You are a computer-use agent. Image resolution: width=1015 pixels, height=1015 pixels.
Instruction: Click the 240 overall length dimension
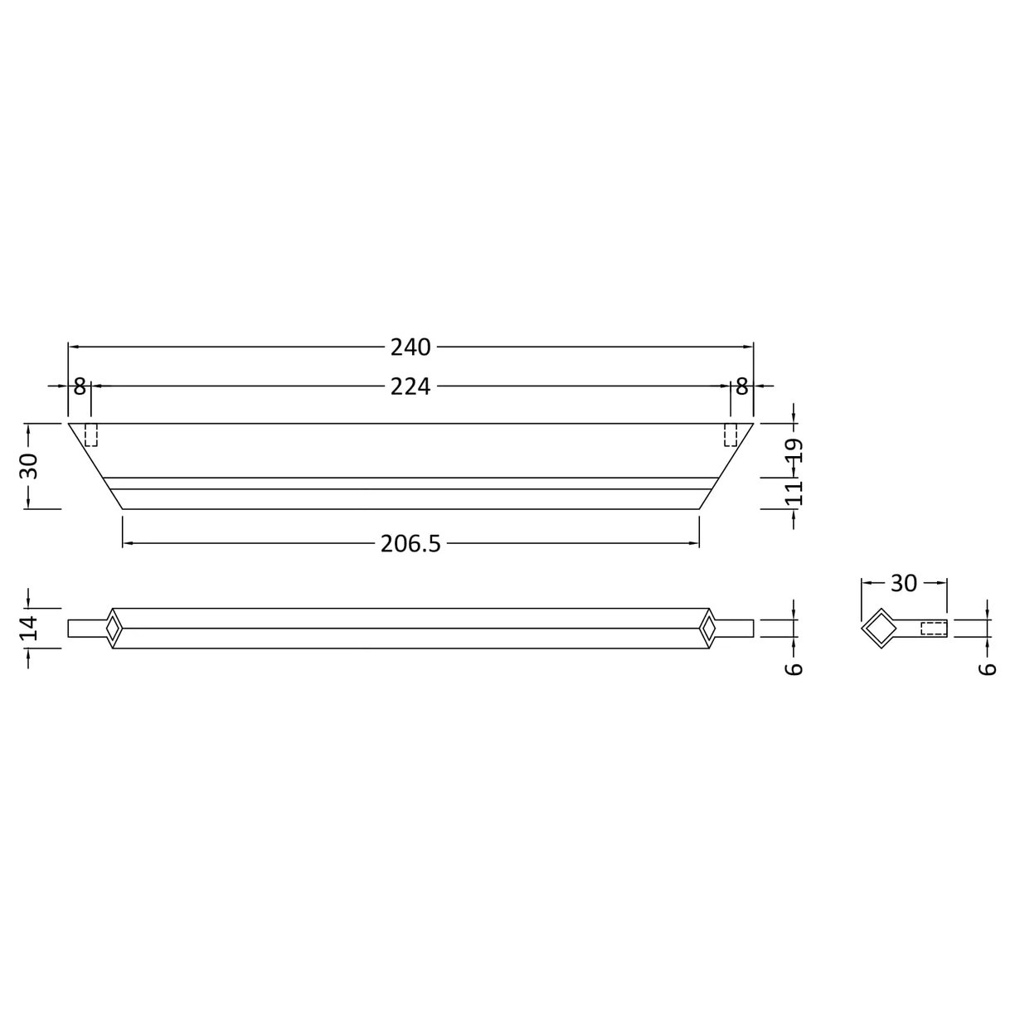[x=410, y=347]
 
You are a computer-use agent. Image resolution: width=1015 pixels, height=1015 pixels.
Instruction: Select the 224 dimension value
[x=410, y=386]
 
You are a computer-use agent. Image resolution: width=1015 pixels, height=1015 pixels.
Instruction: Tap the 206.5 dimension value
[x=410, y=543]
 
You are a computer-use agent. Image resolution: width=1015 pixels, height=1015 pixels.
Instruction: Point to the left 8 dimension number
[x=79, y=386]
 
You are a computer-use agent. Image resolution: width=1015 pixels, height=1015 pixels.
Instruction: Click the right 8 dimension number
[x=741, y=386]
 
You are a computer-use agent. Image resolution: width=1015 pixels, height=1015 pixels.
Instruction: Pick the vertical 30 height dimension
[x=30, y=466]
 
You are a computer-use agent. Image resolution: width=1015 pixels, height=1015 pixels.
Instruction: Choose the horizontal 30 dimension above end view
[x=904, y=583]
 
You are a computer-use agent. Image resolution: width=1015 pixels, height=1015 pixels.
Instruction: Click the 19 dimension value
[x=794, y=453]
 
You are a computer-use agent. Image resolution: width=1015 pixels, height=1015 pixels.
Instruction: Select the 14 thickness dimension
[x=30, y=628]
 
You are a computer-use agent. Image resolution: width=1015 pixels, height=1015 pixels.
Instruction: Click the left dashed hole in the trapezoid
[x=91, y=435]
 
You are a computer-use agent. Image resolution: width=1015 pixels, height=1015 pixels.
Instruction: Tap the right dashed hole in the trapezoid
[x=731, y=435]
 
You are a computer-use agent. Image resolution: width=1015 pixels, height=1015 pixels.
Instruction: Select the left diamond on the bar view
[x=112, y=629]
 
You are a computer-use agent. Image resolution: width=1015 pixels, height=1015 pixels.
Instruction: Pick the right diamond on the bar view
[x=709, y=629]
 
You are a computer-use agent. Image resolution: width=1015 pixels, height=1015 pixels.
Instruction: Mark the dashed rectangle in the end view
[x=934, y=629]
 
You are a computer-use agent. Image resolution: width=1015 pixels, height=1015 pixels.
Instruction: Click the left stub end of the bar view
[x=85, y=629]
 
